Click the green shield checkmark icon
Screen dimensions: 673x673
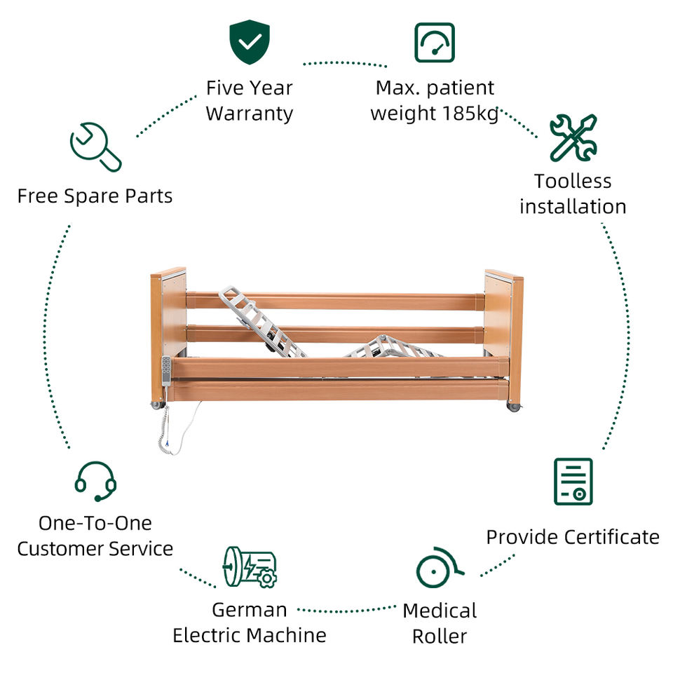click(x=250, y=42)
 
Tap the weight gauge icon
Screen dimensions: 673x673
click(x=435, y=42)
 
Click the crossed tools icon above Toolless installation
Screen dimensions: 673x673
click(x=573, y=137)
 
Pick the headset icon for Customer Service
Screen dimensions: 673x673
click(x=95, y=481)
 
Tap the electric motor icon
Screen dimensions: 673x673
click(x=249, y=566)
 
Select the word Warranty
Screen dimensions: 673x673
click(x=249, y=113)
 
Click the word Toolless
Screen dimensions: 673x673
click(x=573, y=181)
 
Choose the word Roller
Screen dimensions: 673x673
click(x=439, y=636)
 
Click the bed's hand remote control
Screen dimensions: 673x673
click(x=166, y=370)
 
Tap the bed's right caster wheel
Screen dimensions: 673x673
click(x=514, y=406)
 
